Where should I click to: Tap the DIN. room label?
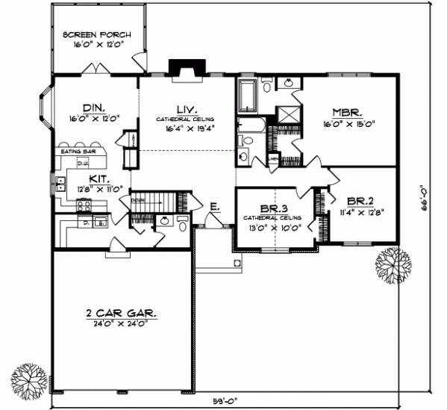(x=93, y=106)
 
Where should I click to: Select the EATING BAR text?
(x=77, y=152)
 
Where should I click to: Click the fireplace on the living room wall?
(x=182, y=68)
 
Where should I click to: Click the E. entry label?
(x=214, y=206)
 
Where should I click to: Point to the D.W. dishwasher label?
(x=84, y=162)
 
